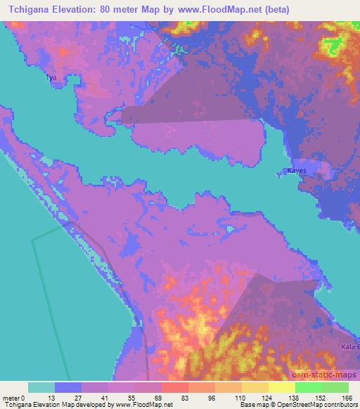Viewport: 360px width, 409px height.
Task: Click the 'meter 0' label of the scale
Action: tap(15, 398)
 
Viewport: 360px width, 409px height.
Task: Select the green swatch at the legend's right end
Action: tap(335, 387)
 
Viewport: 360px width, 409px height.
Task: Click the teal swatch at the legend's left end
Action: tap(41, 387)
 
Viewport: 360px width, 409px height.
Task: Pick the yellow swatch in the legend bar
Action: tap(282, 387)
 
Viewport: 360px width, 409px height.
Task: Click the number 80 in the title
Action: tap(105, 10)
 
